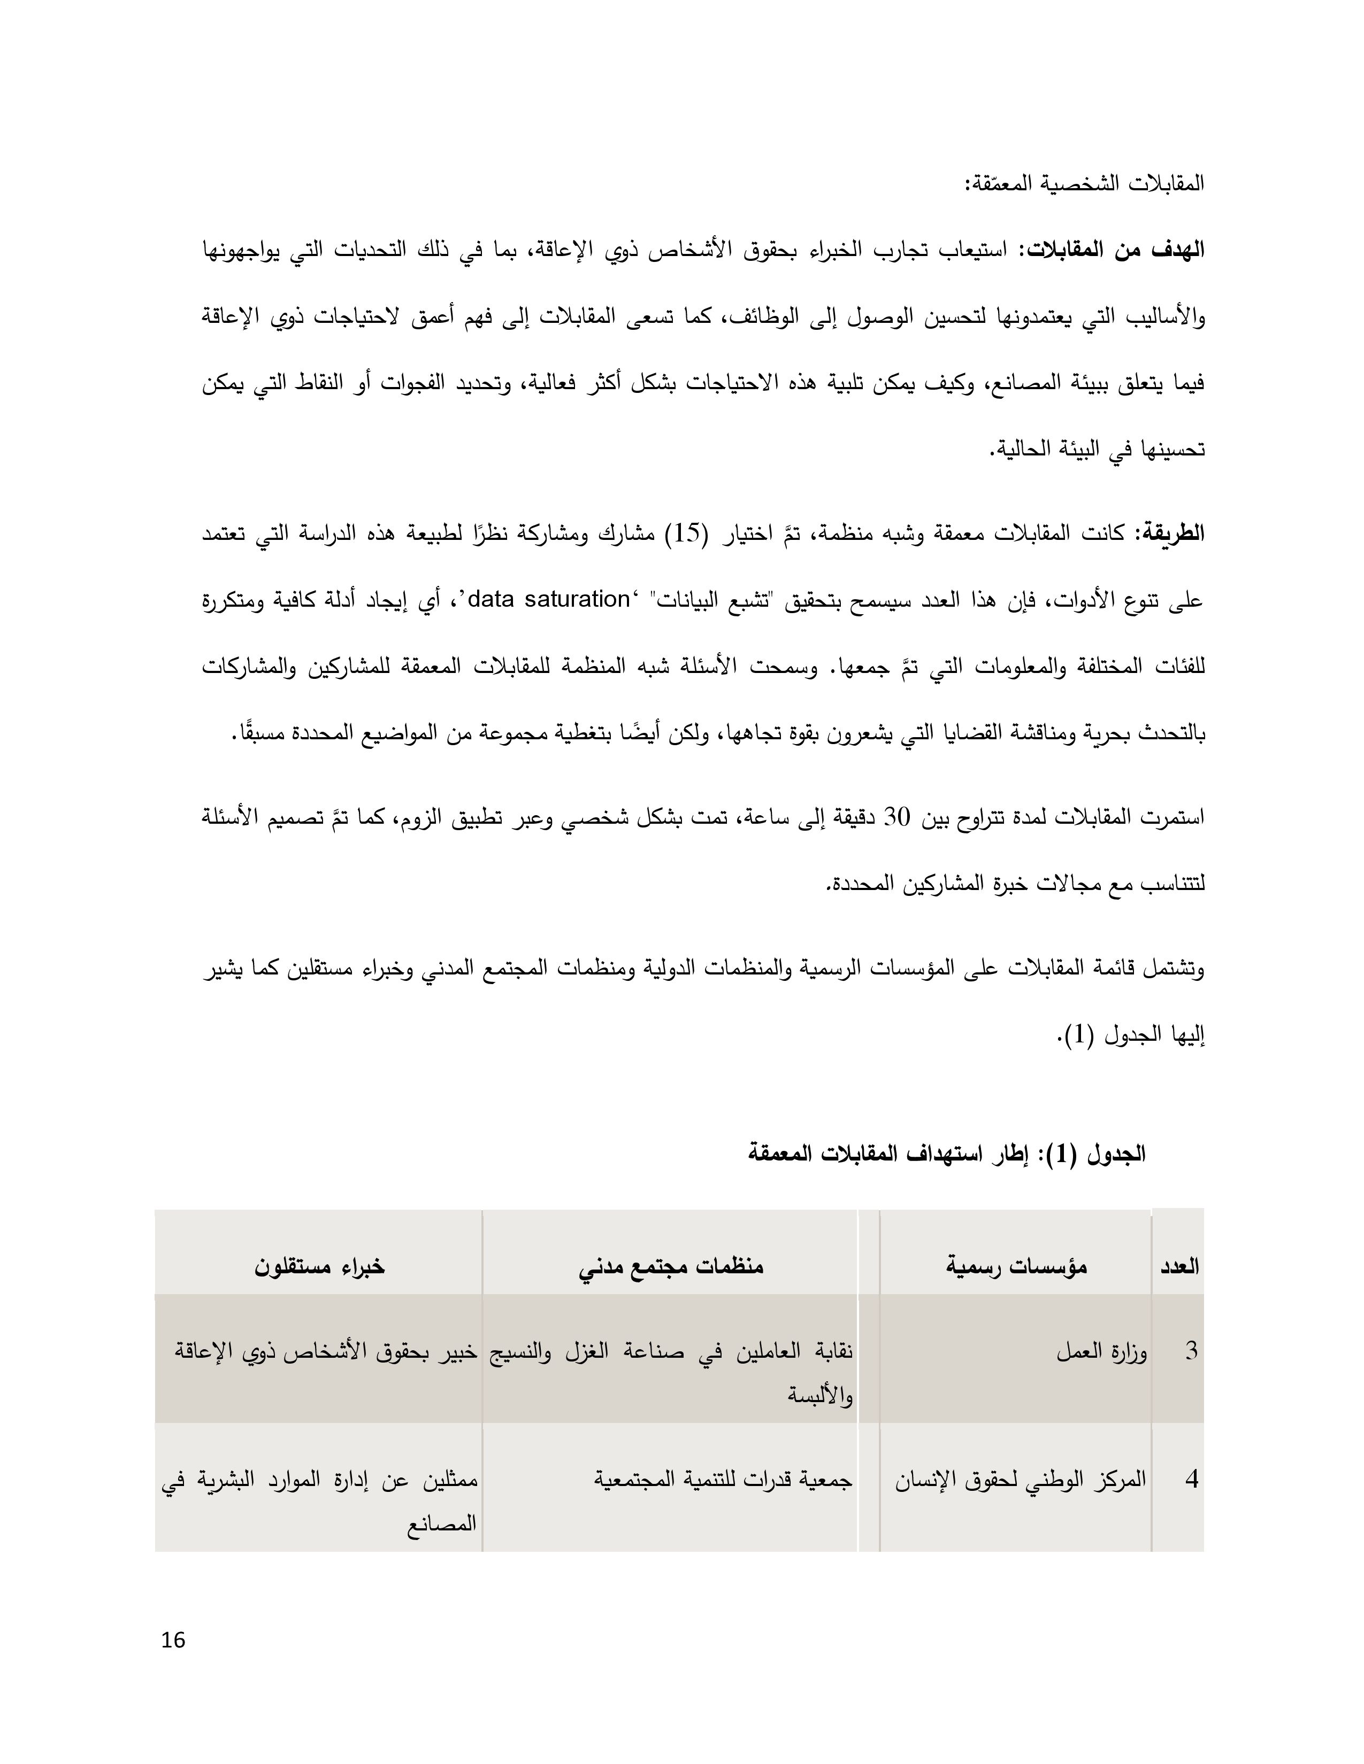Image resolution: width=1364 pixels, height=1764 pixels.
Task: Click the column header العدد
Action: [1179, 1266]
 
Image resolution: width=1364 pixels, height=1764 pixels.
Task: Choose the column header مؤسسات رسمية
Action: [1016, 1266]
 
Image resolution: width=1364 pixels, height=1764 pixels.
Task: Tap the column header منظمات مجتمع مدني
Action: [671, 1266]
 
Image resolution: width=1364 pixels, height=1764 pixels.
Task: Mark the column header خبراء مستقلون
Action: [320, 1266]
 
